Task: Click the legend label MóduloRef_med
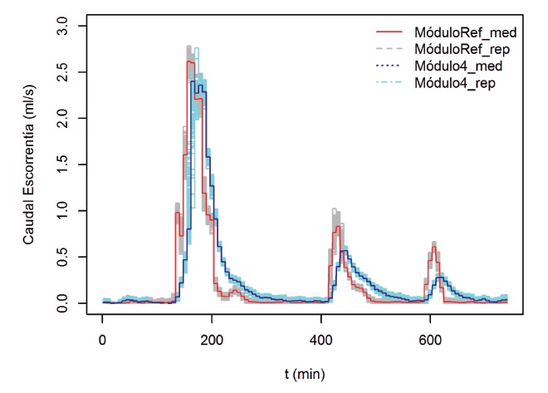[x=467, y=32]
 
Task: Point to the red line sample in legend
[x=390, y=32]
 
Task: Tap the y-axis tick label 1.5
[x=72, y=165]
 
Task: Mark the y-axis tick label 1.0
[x=72, y=211]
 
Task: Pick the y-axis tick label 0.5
[x=72, y=258]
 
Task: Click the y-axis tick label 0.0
[x=72, y=303]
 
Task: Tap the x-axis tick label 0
[x=102, y=339]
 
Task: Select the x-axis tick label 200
[x=212, y=339]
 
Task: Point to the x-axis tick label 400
[x=321, y=339]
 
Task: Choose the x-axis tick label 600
[x=430, y=339]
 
